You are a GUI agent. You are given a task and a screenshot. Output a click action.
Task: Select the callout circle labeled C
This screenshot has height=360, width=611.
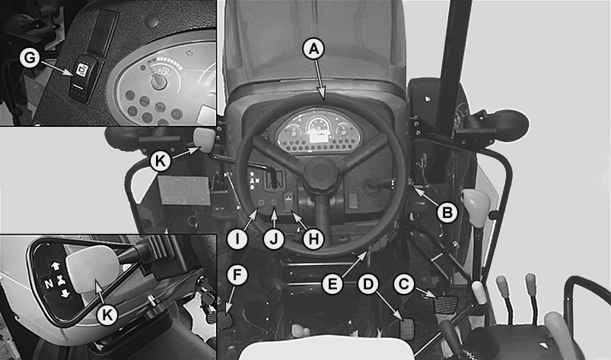point(404,284)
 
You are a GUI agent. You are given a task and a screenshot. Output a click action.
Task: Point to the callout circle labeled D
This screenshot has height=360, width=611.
point(368,284)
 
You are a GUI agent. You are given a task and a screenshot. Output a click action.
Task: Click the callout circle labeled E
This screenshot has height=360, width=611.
point(333,284)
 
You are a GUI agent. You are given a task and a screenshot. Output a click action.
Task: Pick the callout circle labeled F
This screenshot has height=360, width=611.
point(237,275)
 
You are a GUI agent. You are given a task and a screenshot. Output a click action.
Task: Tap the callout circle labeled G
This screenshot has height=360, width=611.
point(30,58)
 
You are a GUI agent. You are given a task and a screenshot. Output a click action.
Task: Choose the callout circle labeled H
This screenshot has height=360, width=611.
point(313,239)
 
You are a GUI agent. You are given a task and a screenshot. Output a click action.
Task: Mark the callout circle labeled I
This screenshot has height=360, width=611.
point(237,239)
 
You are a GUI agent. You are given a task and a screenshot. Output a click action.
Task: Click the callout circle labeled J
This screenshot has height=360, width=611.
point(275,239)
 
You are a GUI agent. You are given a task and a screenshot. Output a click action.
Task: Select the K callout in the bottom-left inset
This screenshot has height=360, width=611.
point(107,314)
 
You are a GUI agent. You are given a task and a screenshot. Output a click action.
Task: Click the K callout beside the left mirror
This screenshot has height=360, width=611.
point(161,160)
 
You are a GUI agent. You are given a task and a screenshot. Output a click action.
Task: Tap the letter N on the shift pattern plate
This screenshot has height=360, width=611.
point(49,284)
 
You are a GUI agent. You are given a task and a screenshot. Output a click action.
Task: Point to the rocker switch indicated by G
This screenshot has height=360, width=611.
point(82,78)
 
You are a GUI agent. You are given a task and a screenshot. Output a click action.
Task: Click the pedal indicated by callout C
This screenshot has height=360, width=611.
point(445,304)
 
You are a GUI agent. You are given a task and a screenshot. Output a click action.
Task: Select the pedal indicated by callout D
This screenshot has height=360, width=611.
point(407,329)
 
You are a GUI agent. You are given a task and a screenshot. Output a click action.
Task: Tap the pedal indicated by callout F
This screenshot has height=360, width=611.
point(224,321)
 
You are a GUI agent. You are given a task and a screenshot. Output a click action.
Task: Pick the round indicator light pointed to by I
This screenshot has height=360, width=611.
point(261,203)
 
